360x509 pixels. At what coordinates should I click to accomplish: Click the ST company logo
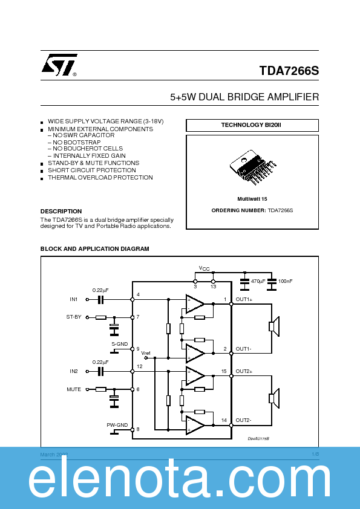(59, 65)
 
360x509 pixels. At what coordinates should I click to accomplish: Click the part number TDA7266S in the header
(289, 71)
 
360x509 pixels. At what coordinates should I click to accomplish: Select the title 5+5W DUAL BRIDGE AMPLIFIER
(244, 97)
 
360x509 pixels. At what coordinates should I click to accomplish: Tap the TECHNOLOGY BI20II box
(252, 125)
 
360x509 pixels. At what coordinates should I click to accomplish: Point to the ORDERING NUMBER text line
(252, 210)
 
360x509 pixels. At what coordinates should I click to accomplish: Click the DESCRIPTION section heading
(61, 212)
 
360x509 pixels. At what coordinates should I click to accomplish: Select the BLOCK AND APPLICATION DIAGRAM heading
(94, 249)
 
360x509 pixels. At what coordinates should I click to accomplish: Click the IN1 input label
(73, 299)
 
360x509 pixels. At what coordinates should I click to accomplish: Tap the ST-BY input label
(73, 317)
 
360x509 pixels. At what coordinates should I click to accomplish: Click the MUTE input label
(73, 389)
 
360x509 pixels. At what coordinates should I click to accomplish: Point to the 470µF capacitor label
(258, 281)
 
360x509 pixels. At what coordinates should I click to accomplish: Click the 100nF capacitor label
(286, 281)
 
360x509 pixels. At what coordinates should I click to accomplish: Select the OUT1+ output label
(244, 299)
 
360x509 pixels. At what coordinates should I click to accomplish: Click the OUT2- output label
(244, 420)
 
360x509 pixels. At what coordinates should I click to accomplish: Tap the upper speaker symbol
(273, 327)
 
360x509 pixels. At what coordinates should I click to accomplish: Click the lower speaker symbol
(273, 398)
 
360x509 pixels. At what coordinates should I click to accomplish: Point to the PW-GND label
(117, 425)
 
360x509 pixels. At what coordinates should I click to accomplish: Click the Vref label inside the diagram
(146, 352)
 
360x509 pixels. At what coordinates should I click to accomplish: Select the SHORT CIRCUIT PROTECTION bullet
(91, 170)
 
